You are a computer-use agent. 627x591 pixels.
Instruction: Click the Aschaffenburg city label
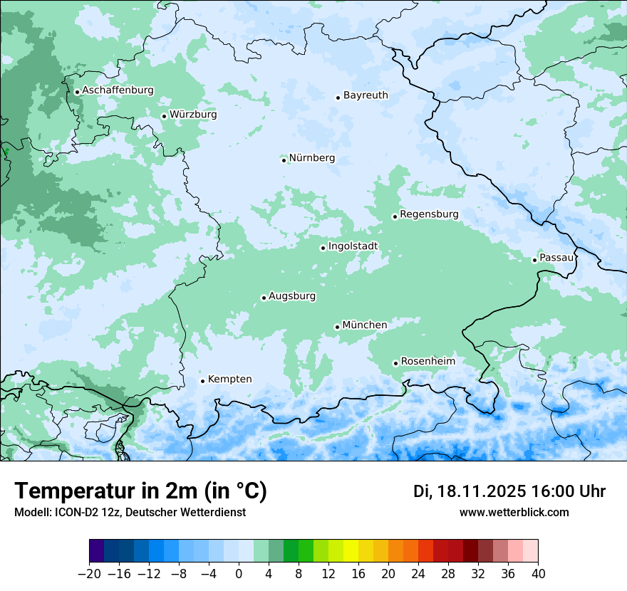(x=118, y=90)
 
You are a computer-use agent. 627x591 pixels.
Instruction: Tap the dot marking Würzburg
(x=164, y=116)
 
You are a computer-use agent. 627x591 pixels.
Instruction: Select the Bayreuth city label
(x=366, y=95)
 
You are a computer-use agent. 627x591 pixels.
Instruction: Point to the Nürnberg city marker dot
(x=284, y=160)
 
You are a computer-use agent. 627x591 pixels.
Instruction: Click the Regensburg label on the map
(x=429, y=214)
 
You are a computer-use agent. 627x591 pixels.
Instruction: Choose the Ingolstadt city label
(x=353, y=246)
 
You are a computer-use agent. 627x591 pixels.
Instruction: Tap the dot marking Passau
(x=534, y=260)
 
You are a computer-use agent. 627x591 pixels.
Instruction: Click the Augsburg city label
(x=292, y=295)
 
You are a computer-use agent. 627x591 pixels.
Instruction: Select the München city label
(x=365, y=325)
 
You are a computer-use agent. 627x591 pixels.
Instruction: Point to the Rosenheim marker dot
(x=395, y=363)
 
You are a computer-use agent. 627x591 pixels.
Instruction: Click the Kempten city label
(x=229, y=379)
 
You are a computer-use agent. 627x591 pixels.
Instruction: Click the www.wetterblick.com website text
(x=514, y=512)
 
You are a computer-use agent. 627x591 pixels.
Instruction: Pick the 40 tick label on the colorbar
(x=538, y=574)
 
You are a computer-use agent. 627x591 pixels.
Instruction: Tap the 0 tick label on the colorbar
(x=239, y=574)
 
